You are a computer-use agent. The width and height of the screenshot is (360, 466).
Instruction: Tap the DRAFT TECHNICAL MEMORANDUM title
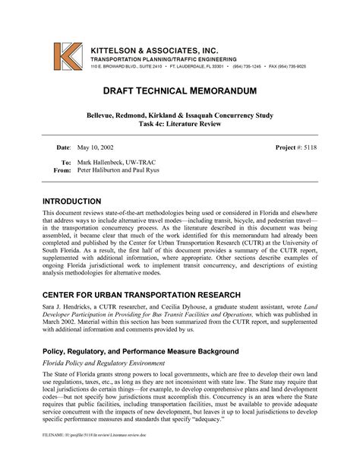tap(180, 91)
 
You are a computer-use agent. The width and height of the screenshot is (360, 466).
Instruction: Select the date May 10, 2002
tap(91, 144)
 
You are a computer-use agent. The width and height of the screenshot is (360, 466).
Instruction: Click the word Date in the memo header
tap(62, 144)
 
